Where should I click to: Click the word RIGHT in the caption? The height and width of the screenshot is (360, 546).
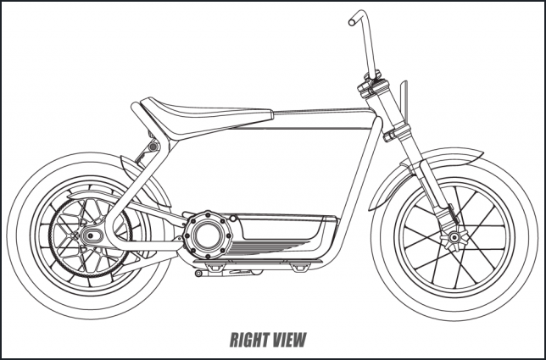(249, 340)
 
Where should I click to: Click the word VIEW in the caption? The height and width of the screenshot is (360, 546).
(290, 340)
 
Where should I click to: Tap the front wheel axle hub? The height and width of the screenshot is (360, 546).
(454, 238)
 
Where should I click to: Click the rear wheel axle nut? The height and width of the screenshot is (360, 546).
(91, 235)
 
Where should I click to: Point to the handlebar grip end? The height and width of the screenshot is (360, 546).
(352, 23)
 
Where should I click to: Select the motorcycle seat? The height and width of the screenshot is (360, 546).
(206, 118)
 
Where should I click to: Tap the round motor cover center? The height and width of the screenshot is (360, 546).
(208, 235)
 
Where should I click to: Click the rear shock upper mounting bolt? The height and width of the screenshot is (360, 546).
(153, 147)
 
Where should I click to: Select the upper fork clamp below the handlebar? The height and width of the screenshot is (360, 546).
(372, 87)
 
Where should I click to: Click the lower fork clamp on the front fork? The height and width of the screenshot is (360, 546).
(397, 133)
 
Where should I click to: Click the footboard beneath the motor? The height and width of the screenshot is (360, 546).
(258, 261)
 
